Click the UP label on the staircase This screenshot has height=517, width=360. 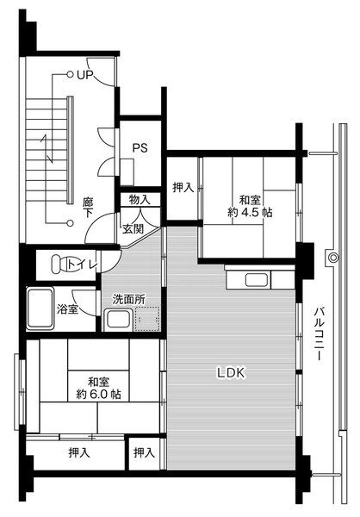coord(84,76)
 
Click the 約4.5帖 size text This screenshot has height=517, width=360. coord(251,211)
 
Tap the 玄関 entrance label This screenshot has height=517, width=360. coord(133,228)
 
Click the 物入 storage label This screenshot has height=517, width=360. coord(140,200)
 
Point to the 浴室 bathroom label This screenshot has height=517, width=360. coord(68,309)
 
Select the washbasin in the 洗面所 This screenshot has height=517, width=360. coord(118,321)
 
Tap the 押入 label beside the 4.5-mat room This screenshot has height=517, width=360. coord(182,187)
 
